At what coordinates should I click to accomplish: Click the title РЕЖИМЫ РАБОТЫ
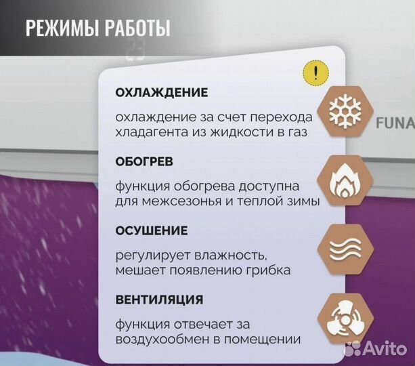[x=97, y=29]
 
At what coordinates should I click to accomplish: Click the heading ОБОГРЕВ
[x=144, y=163]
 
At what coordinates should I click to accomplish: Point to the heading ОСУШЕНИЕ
[x=151, y=231]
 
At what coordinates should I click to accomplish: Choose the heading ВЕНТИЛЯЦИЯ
[x=158, y=299]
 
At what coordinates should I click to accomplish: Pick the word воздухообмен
[x=160, y=339]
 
